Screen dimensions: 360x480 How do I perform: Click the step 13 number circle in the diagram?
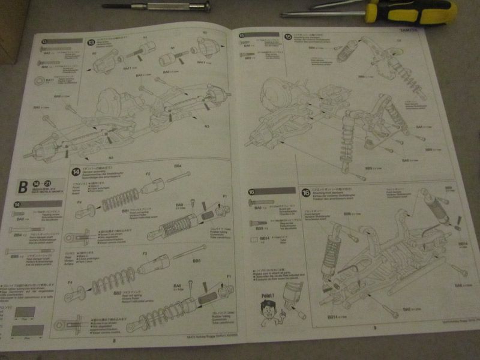91,43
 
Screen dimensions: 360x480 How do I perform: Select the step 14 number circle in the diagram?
76,171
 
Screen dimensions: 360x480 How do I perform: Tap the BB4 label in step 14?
178,166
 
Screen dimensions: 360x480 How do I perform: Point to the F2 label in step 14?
148,173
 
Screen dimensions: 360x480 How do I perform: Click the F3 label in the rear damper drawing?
145,253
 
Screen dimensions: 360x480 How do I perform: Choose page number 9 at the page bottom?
374,327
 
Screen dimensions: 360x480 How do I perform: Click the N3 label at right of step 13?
206,127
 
